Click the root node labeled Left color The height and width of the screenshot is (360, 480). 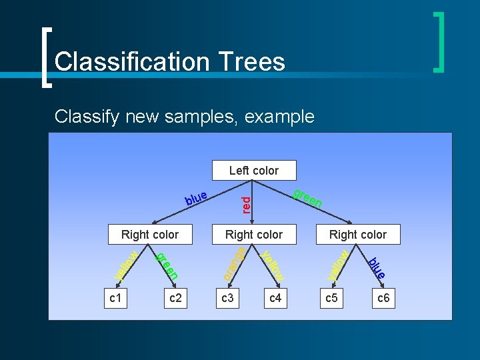pos(253,171)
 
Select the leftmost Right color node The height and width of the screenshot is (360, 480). pos(150,235)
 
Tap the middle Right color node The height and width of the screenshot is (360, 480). pos(253,235)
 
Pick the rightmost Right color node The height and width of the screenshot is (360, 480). pos(357,235)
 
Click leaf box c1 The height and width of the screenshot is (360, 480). pos(115,298)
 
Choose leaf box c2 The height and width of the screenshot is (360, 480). pos(175,298)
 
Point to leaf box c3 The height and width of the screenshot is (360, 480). pos(227,298)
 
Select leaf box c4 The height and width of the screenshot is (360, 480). pos(275,298)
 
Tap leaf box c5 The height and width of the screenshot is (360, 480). pos(331,298)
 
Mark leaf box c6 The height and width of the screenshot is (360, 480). pos(383,298)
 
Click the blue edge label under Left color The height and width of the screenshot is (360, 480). pos(196,198)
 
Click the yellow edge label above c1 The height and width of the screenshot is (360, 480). pos(125,265)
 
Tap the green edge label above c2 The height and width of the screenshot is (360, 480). pos(167,265)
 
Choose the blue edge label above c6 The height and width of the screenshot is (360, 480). pos(377,267)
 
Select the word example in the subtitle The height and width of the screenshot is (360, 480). pos(279,117)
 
